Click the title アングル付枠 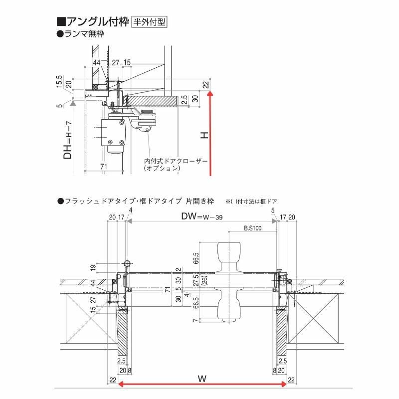tap(93, 22)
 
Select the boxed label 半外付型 tap(149, 22)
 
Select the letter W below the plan tap(201, 379)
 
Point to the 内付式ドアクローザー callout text tap(174, 161)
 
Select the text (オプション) tap(161, 169)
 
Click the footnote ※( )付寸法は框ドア tap(252, 201)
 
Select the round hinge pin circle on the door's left tap(127, 263)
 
